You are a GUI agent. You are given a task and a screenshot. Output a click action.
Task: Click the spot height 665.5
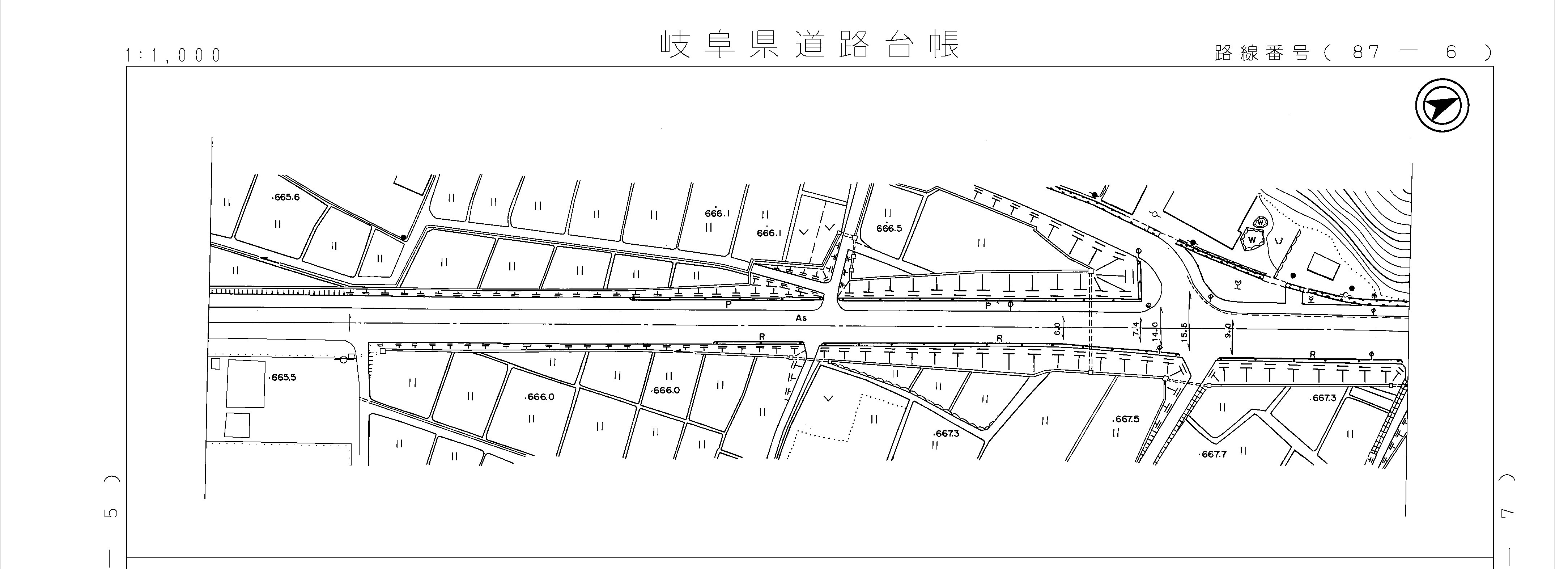(282, 378)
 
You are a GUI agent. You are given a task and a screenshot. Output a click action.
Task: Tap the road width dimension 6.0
(1057, 329)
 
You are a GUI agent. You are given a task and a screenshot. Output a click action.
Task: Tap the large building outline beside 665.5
(245, 384)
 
